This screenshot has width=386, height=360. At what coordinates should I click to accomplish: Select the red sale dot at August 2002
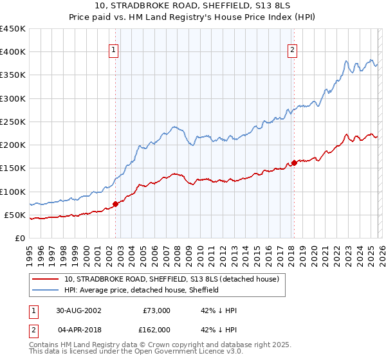click(x=116, y=204)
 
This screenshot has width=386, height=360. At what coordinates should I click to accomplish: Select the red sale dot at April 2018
click(x=294, y=163)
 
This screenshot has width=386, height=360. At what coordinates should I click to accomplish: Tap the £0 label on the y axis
click(x=19, y=238)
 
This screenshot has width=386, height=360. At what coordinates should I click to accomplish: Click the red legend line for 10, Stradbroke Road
click(x=46, y=279)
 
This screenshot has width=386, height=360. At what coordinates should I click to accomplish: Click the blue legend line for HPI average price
click(x=46, y=290)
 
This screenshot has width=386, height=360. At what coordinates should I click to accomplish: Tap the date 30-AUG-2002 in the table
click(x=78, y=310)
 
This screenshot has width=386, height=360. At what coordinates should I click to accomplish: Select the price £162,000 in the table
click(x=156, y=329)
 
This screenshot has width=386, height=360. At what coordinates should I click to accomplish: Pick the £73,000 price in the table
click(x=156, y=310)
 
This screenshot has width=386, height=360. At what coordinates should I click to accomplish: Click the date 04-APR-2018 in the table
click(x=78, y=329)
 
